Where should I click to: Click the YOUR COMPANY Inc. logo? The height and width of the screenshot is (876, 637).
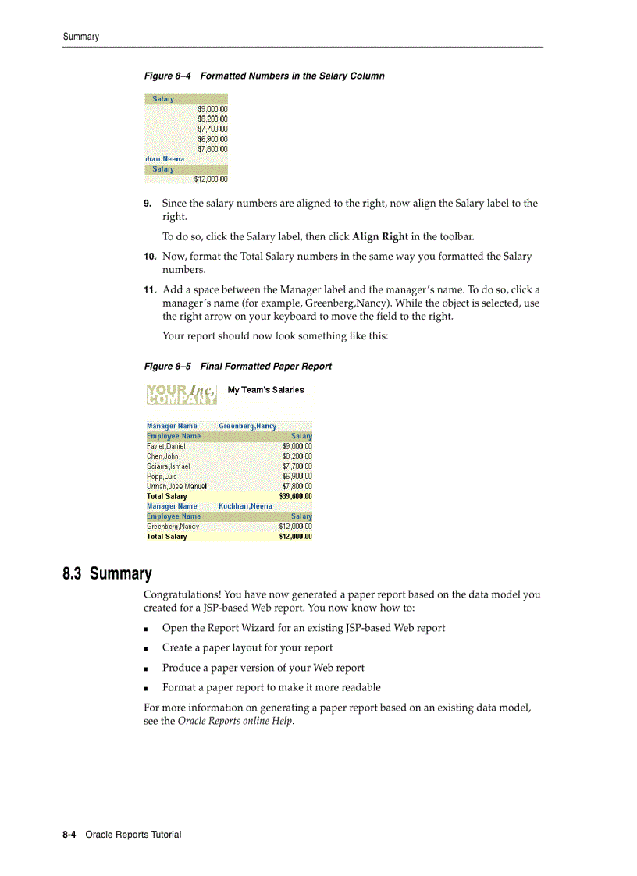181,394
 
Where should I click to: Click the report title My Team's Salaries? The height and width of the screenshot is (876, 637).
265,390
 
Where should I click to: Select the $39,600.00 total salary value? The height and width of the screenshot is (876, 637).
296,496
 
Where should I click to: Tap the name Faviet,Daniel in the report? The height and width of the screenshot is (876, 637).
166,446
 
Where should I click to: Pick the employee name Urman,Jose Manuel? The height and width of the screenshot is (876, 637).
176,486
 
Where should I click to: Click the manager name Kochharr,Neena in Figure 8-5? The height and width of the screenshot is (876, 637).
245,506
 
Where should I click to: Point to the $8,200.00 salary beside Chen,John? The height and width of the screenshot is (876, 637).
297,456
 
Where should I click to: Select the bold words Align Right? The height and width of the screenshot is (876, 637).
380,236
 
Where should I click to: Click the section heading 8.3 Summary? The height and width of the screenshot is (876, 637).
107,574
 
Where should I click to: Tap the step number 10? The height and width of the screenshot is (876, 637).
150,257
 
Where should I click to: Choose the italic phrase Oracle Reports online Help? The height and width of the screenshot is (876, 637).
235,721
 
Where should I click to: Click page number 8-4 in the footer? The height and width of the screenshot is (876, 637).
69,835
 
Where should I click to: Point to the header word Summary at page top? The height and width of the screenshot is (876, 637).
81,37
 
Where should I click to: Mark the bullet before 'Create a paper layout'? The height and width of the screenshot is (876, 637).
147,648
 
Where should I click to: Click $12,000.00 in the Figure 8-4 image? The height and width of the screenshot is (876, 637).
211,179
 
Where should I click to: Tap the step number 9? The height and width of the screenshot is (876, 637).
148,204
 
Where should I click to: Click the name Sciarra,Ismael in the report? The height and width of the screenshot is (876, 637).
168,466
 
